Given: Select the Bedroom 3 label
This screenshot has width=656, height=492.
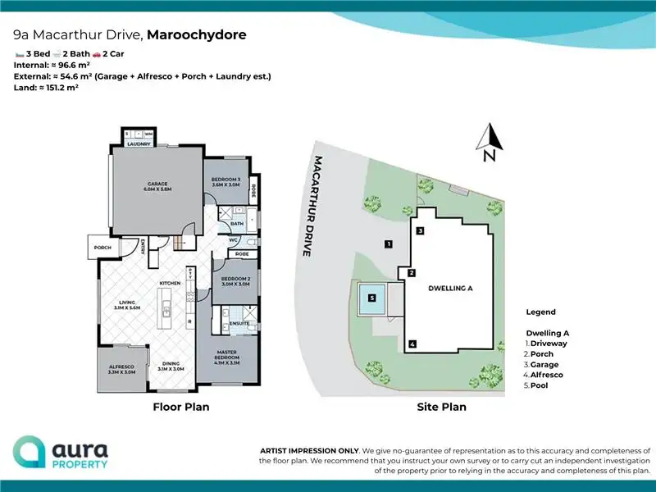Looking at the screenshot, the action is tap(225, 180).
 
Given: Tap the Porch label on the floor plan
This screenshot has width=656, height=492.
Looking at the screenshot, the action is tap(102, 247).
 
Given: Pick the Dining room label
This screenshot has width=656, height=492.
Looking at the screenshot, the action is tap(171, 366).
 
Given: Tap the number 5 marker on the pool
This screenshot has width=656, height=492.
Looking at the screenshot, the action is tap(371, 299).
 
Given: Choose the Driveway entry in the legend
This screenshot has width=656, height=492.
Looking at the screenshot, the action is tap(549, 344).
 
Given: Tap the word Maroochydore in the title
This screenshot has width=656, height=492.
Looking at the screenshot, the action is tap(195, 35).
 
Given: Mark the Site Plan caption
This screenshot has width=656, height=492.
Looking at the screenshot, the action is tap(441, 407).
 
